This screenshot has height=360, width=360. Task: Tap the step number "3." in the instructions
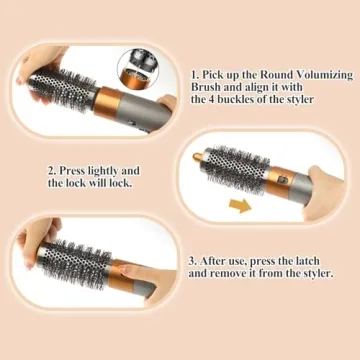click(193, 259)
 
